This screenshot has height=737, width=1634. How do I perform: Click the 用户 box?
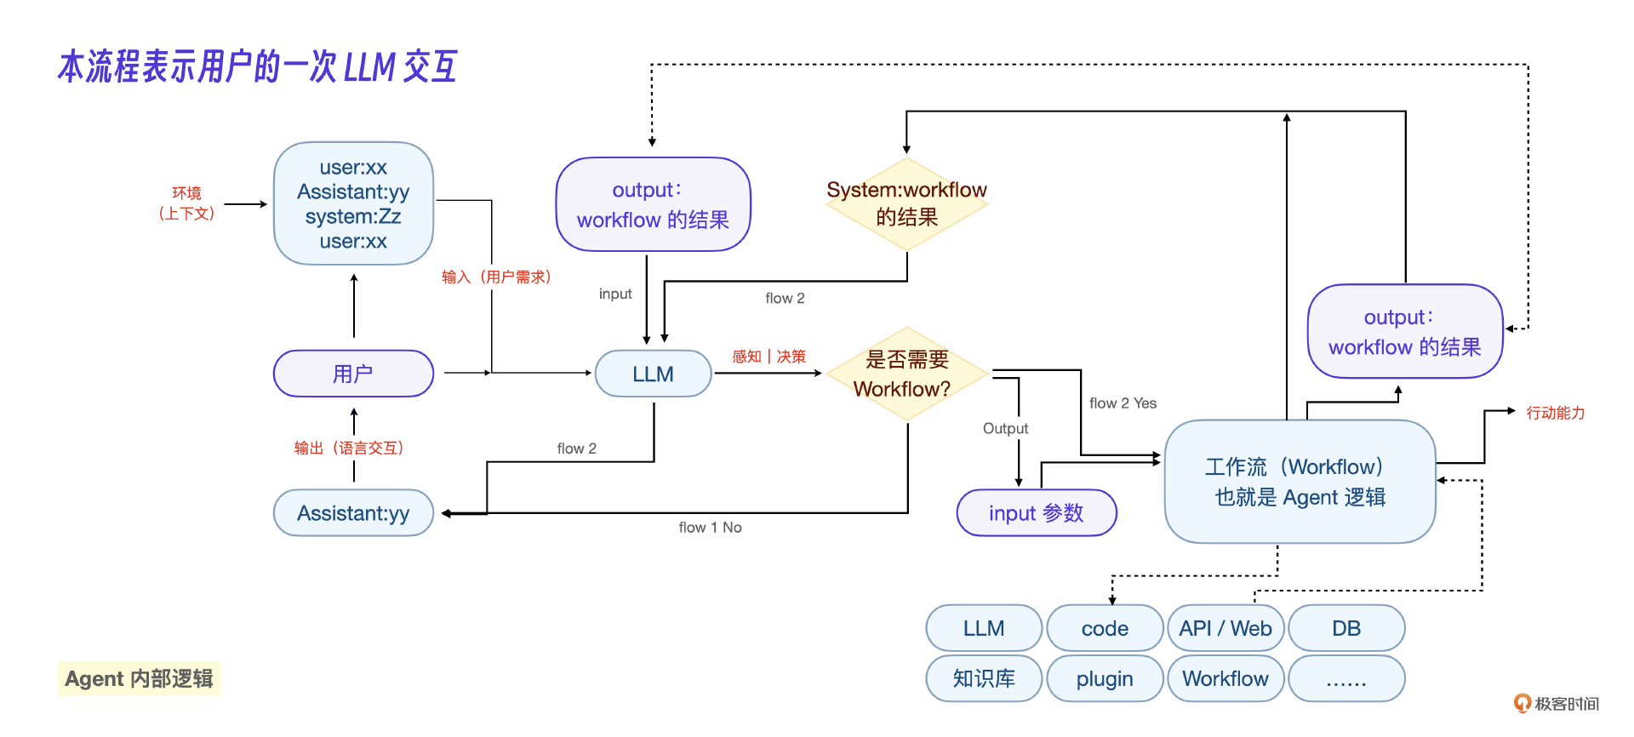tap(353, 374)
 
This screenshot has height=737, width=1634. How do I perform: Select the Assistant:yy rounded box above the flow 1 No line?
tap(353, 513)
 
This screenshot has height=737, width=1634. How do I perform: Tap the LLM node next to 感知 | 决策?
tap(653, 374)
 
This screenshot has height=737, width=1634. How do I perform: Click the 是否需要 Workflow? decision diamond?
tap(906, 374)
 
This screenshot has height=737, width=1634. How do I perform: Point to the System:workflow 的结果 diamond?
tap(906, 203)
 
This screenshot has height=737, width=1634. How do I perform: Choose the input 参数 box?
tap(1036, 513)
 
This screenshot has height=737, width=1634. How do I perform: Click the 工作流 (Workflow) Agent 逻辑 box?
tap(1300, 482)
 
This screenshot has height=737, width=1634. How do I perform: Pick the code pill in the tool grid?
tap(1105, 628)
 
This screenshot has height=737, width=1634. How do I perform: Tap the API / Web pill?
tap(1225, 628)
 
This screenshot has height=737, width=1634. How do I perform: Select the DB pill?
tap(1346, 628)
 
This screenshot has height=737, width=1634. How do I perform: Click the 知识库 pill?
tap(984, 678)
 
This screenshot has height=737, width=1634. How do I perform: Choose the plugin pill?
tap(1105, 678)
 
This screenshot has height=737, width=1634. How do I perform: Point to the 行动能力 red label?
tap(1555, 413)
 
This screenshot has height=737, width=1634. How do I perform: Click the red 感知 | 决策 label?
tap(768, 357)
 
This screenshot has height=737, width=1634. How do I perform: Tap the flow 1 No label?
tap(710, 528)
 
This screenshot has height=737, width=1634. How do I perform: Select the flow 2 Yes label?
tap(1123, 403)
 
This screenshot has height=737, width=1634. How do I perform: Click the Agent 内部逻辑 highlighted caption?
tap(139, 678)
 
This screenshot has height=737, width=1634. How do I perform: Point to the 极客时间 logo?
tap(1557, 704)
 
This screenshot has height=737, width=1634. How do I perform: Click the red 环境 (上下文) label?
tap(186, 203)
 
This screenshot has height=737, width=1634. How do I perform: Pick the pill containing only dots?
tap(1346, 678)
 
